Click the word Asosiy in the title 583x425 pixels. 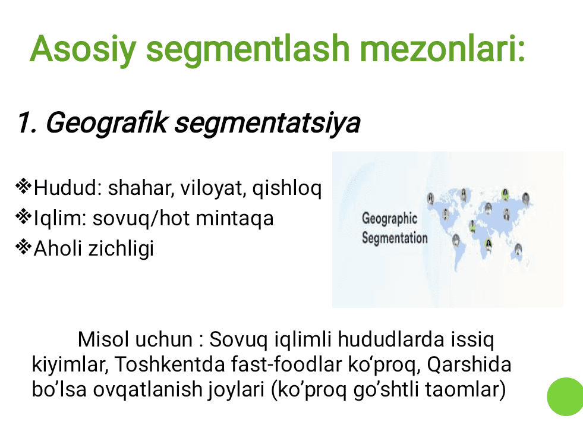point(83,49)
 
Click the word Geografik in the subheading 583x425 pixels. point(106,123)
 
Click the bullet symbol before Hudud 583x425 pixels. point(23,186)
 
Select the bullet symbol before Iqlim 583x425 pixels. point(23,216)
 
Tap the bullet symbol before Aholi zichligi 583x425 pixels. point(23,247)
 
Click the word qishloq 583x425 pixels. point(286,188)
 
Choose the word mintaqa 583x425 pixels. point(235,219)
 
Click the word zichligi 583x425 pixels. point(121,249)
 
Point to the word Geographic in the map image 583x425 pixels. point(389,219)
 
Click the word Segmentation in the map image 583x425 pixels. point(395,238)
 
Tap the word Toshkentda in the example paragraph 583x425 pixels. point(169,364)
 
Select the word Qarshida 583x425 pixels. point(469,365)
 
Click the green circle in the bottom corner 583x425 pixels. point(565,396)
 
